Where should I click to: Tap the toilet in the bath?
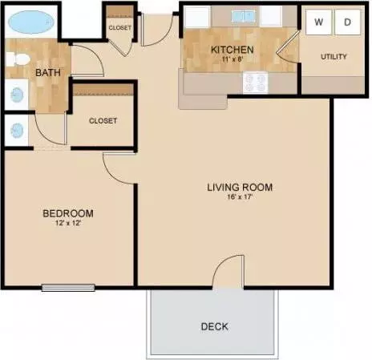point(18,59)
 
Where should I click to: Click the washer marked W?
point(318,22)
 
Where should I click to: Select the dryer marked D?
point(347,22)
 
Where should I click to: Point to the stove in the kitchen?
point(255,83)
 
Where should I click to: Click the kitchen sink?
point(243,16)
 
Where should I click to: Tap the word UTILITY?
point(334,57)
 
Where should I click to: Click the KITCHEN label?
point(232,50)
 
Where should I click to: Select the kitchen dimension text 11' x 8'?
point(232,59)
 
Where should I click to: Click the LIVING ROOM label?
point(240,187)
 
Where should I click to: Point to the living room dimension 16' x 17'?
point(240,197)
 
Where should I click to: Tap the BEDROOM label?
point(68,213)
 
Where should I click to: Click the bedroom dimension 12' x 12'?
point(68,223)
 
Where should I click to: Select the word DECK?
point(215,326)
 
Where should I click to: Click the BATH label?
point(48,72)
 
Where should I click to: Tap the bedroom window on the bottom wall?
point(68,288)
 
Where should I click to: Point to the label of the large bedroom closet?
point(103,121)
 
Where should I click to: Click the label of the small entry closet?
point(120,27)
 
